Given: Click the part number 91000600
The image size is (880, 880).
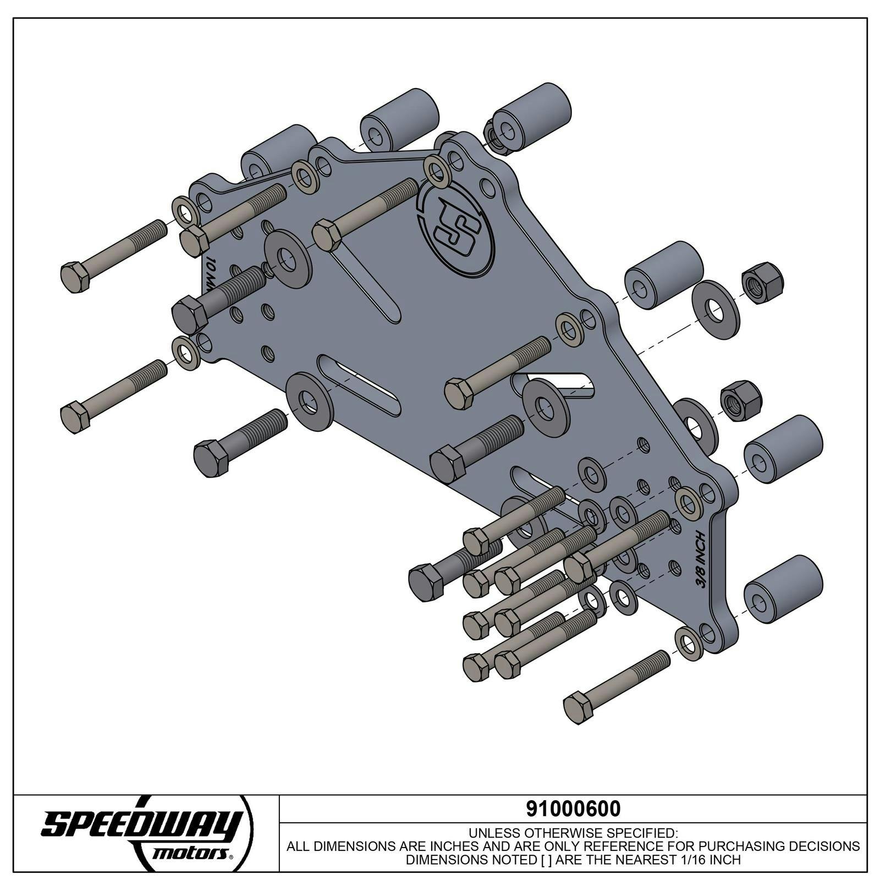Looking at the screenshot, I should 573,809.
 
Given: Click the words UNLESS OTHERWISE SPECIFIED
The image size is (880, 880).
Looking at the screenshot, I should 573,832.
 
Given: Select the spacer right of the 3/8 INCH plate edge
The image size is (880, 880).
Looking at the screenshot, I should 783,449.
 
